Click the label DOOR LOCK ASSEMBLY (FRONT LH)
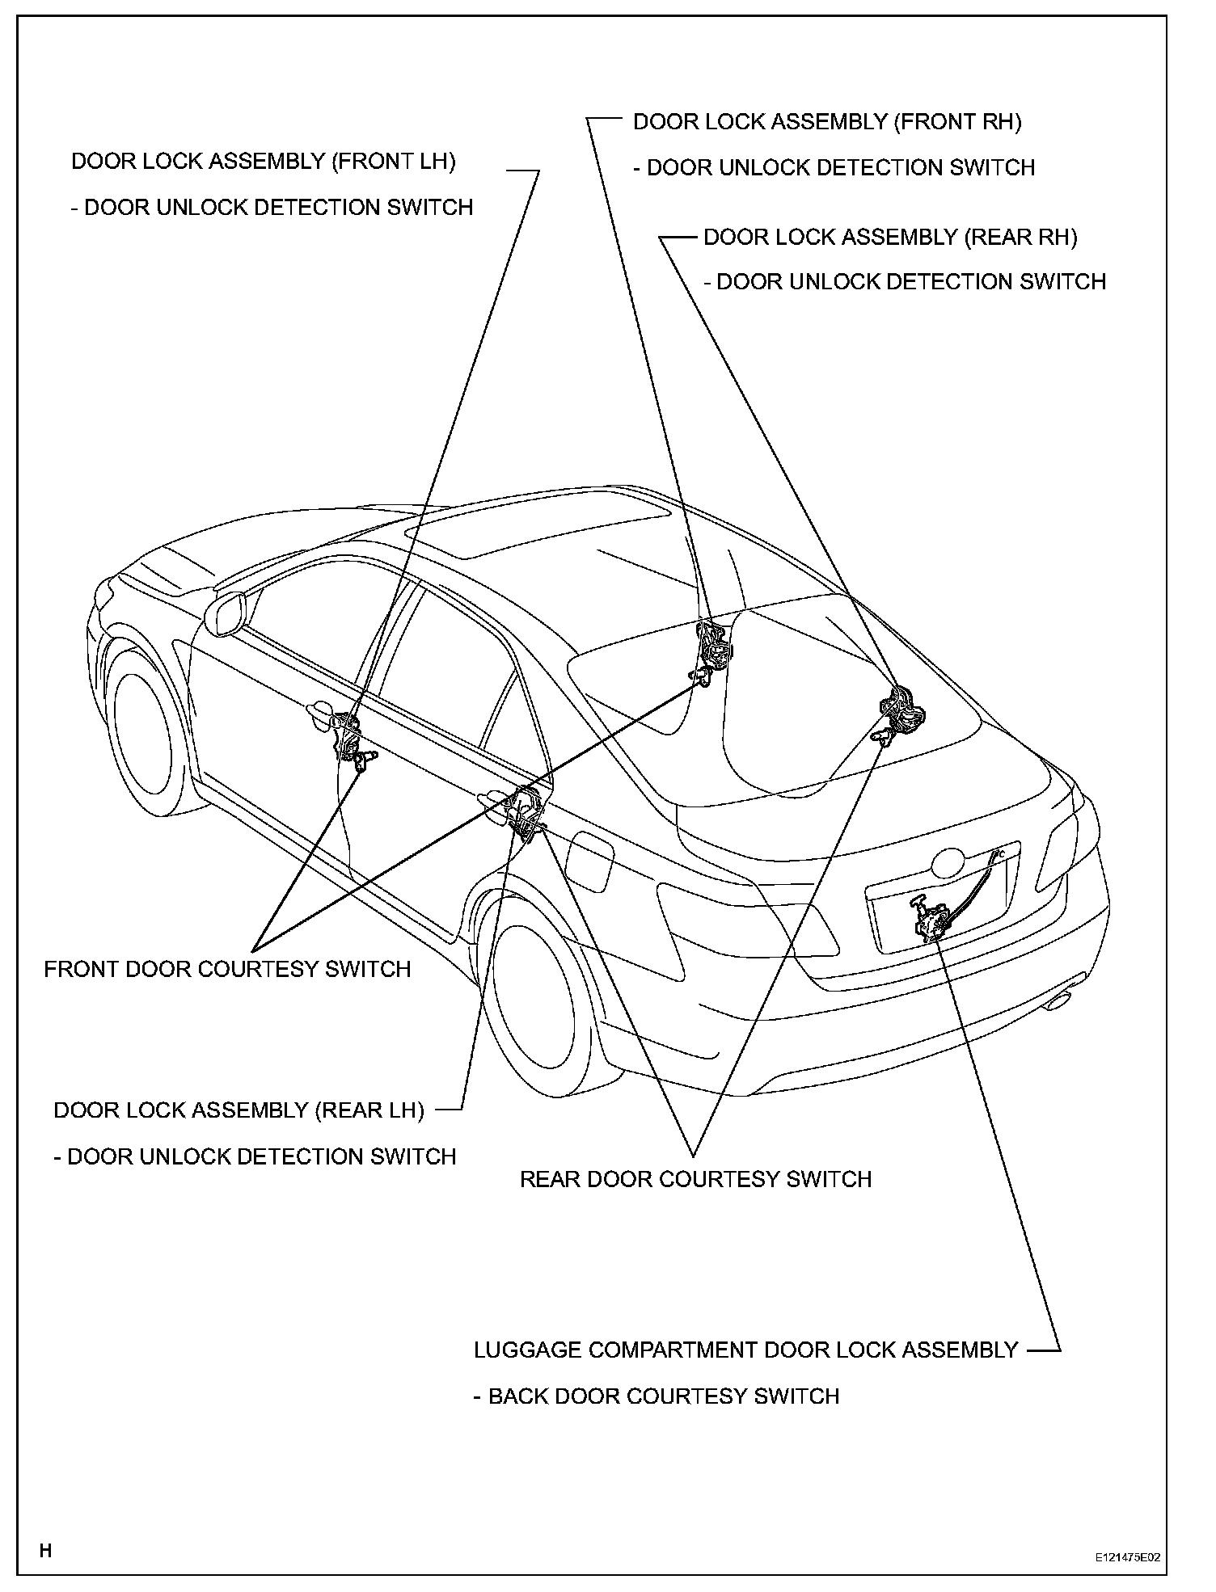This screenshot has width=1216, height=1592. point(263,162)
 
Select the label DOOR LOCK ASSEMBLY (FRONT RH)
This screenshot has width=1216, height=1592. point(826,122)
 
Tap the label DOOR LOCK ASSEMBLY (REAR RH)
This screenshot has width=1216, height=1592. point(889,238)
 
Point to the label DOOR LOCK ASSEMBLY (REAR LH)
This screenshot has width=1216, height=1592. point(239,1110)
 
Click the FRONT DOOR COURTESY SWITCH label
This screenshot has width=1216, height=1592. point(227,969)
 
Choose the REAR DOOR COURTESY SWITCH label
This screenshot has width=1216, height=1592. point(695,1179)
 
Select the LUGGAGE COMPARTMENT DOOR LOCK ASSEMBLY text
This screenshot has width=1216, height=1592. point(745,1350)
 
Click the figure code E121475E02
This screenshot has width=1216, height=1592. point(1127,1557)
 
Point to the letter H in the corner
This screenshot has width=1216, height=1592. point(45,1550)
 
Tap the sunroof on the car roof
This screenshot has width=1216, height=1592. point(538,533)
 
